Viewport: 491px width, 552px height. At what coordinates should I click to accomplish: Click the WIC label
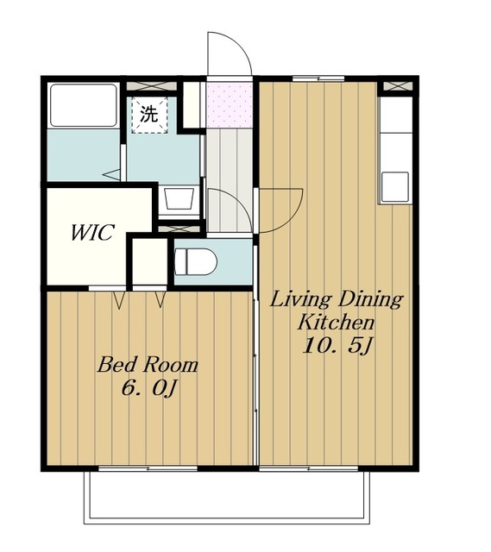92,233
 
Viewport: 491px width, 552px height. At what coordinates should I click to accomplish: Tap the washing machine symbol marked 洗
149,115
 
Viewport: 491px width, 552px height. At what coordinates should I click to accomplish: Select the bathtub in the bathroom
83,105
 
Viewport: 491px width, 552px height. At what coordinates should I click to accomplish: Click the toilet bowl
196,262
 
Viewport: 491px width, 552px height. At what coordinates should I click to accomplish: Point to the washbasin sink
179,199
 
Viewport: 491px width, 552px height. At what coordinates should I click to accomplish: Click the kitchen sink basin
395,186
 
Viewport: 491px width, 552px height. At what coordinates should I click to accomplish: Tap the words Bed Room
148,365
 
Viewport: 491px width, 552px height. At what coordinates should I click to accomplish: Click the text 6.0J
148,389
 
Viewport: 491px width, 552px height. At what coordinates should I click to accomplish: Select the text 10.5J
337,346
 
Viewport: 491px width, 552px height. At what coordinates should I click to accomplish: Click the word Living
300,300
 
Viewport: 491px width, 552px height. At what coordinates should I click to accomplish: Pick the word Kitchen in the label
336,322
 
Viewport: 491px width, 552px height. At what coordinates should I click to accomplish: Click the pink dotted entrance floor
230,105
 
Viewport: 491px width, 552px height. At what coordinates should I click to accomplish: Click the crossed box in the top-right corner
398,86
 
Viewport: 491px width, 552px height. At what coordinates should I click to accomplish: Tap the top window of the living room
318,78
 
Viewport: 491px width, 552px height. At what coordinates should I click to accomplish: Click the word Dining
370,300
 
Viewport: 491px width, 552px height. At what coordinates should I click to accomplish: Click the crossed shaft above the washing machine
151,86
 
